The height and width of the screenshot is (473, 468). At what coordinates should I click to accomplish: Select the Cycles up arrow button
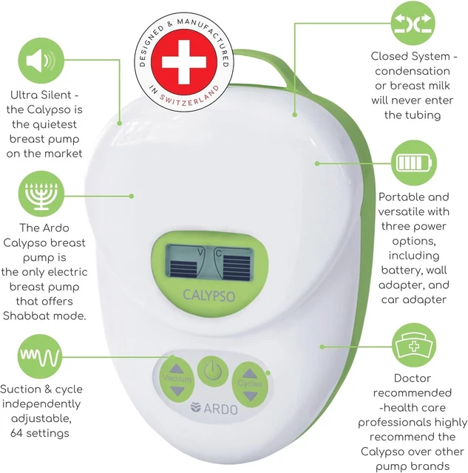coord(251,374)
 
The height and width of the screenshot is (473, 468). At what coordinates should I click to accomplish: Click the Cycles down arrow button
coord(251,395)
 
